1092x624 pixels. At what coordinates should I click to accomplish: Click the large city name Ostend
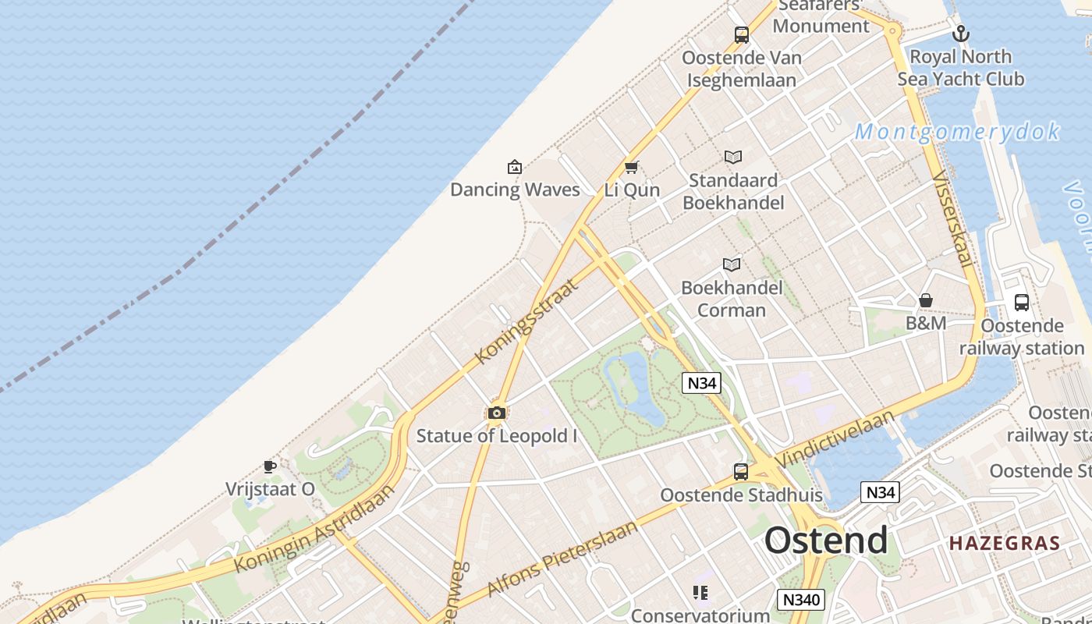[825, 540]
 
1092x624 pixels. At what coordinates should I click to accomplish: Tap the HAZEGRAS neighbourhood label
[1005, 544]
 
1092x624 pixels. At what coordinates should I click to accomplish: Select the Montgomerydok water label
[957, 131]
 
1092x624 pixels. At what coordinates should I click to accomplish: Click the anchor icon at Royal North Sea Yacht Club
[961, 34]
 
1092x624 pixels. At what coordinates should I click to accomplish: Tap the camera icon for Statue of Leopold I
[496, 413]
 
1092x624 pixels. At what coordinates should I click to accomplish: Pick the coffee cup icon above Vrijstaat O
[270, 466]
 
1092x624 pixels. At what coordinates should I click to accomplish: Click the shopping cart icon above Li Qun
[632, 167]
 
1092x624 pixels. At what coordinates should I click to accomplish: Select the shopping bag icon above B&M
[926, 300]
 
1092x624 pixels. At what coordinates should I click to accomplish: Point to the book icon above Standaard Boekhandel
[733, 157]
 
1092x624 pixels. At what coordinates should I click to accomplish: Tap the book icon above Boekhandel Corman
[731, 264]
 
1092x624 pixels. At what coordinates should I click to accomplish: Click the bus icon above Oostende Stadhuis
[741, 471]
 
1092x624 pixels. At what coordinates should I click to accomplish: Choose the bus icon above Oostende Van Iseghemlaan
[741, 34]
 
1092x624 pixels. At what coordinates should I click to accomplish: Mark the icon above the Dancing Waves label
[515, 166]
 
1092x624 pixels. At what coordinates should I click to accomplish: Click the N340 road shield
[800, 599]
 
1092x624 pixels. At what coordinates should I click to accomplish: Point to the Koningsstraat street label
[527, 321]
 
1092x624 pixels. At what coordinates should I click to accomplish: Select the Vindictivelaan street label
[836, 438]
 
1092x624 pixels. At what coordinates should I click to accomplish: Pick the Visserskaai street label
[953, 219]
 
